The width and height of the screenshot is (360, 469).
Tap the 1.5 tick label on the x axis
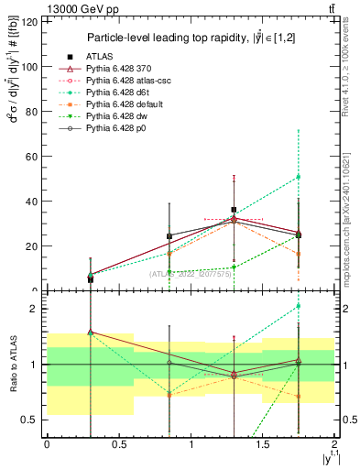click(x=263, y=445)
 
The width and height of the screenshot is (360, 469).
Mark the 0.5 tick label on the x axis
click(x=118, y=445)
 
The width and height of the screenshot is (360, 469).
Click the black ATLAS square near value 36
click(x=234, y=210)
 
